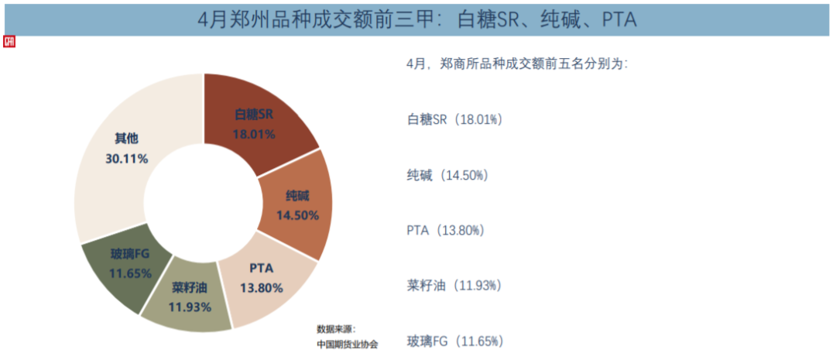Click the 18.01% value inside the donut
[254, 133]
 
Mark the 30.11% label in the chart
[127, 158]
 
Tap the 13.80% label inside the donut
[261, 287]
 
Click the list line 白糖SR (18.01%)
[455, 119]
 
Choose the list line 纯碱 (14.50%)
[447, 175]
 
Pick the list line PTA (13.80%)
[446, 230]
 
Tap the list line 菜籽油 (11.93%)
[454, 286]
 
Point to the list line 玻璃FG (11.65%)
[455, 341]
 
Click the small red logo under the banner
[10, 42]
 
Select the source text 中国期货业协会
[348, 343]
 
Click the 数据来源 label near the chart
[335, 329]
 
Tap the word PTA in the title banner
[619, 19]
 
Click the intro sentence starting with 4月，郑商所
[517, 64]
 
